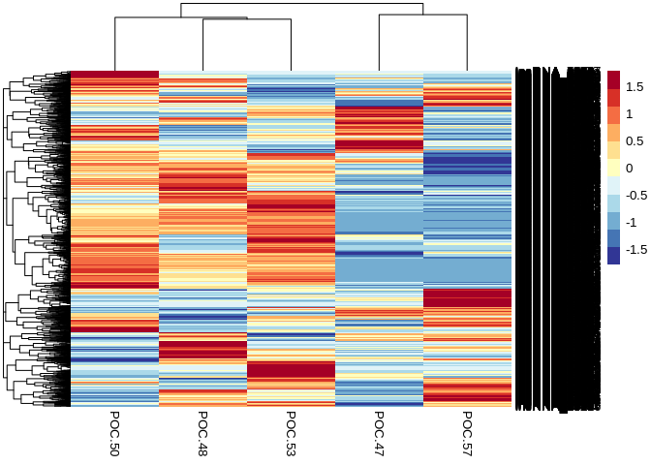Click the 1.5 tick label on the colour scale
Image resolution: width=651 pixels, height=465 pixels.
pos(635,87)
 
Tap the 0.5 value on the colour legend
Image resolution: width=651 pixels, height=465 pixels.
pos(635,141)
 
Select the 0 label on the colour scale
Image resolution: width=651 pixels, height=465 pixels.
pos(630,169)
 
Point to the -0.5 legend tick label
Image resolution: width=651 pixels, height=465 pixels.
pos(636,195)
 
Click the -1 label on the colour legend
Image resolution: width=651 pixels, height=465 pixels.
pos(632,222)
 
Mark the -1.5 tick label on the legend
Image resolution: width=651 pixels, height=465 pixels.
pos(636,249)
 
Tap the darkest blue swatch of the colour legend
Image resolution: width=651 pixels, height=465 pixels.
pos(613,256)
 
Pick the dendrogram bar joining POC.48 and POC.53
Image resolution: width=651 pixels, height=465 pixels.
pos(247,20)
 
